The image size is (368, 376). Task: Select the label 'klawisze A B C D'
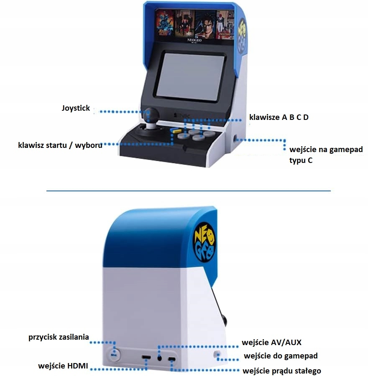279,117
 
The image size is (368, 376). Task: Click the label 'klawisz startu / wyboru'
60,145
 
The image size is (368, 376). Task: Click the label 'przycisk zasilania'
59,337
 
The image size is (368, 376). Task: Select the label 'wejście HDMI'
63,366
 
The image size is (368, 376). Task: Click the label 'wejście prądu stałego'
282,371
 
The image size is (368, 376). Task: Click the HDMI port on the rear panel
146,358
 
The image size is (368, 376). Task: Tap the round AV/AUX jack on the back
160,358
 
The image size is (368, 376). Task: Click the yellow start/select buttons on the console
173,131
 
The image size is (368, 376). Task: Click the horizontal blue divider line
188,191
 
